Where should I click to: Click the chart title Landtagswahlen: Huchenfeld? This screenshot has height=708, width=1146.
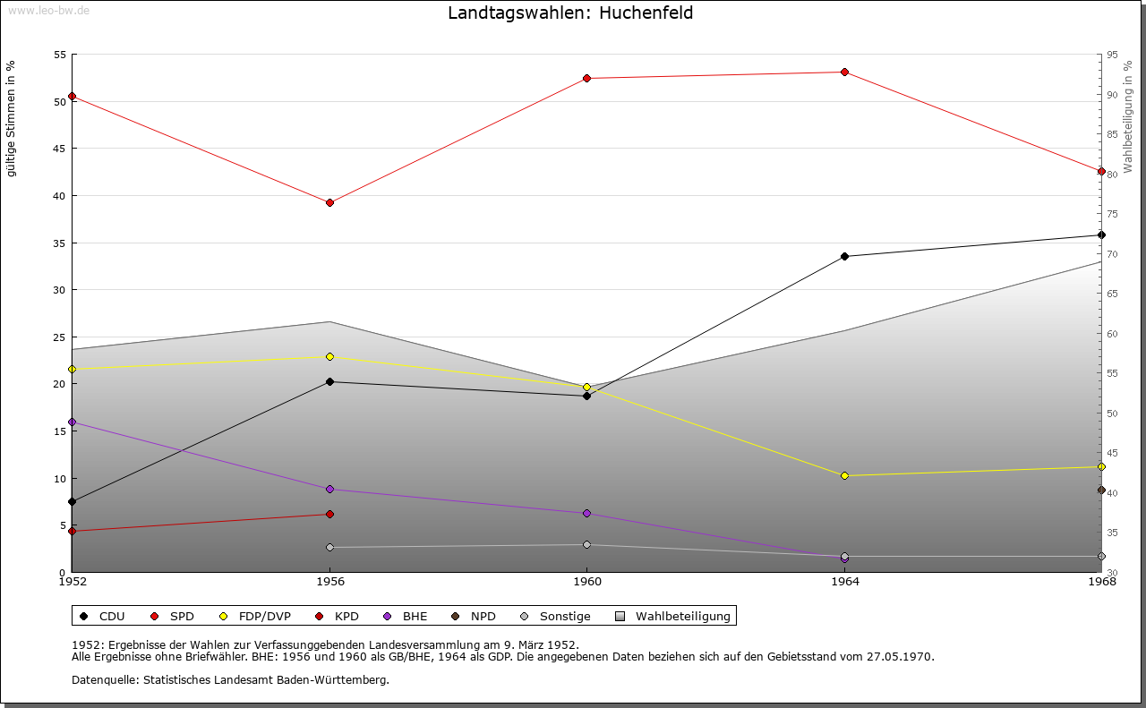(570, 13)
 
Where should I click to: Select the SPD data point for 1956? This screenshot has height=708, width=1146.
(329, 202)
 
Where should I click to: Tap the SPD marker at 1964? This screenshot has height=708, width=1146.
(844, 72)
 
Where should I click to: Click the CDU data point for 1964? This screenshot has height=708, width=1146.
(844, 256)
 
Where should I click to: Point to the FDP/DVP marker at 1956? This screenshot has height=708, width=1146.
(329, 356)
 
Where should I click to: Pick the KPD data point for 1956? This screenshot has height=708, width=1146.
(329, 514)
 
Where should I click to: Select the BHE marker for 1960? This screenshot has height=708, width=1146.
(586, 513)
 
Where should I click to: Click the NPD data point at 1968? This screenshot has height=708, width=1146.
(1101, 490)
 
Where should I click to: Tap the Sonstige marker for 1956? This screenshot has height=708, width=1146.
(329, 547)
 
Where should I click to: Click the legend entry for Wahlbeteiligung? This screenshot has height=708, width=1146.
(682, 616)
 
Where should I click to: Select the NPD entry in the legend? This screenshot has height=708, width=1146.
(483, 616)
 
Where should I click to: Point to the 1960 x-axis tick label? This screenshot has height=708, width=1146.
(586, 581)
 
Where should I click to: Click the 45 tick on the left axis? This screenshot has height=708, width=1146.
(60, 149)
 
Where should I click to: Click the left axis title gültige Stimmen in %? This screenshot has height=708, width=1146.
(12, 118)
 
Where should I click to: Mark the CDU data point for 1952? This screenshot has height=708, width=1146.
(73, 501)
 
